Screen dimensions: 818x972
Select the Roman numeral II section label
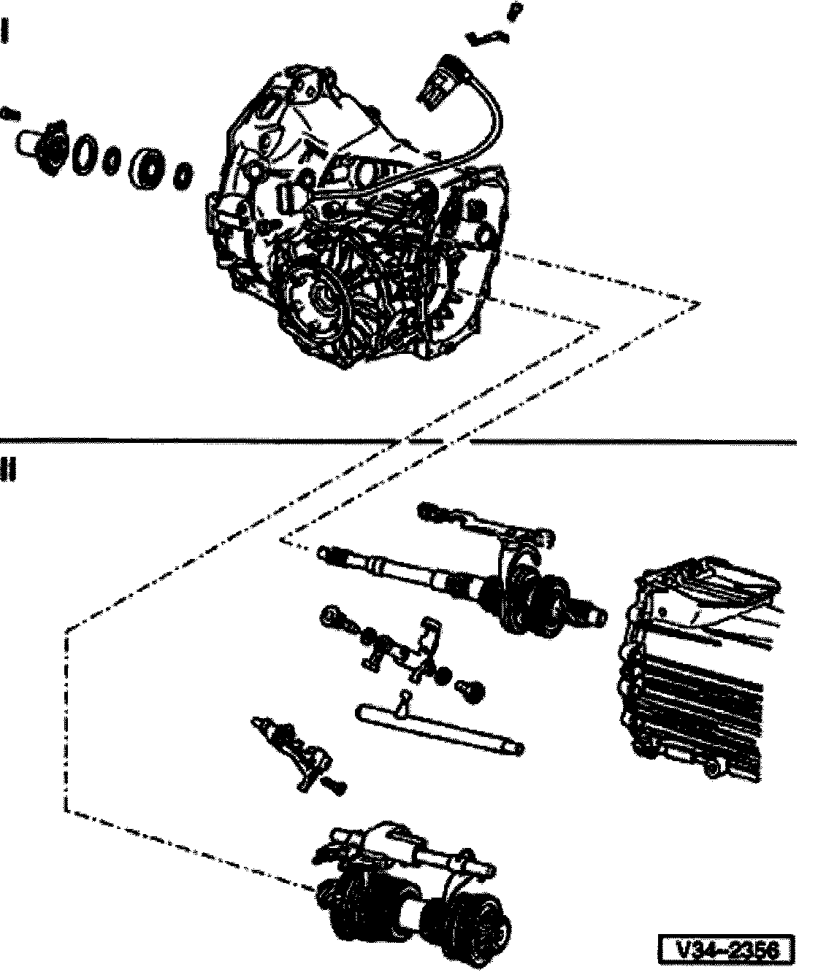pos(7,470)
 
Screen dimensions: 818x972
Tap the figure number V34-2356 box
pos(726,949)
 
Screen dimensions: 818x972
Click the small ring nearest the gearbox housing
pos(183,176)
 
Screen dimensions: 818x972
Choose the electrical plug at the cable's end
pos(438,83)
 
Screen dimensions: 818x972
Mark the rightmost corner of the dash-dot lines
pos(699,304)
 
